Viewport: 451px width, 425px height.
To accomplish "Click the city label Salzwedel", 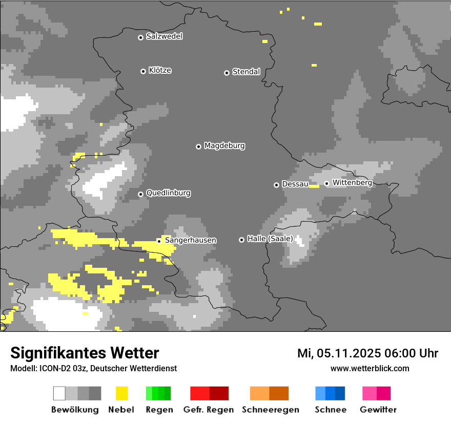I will pos(164,36).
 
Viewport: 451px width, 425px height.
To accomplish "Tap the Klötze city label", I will pos(160,70).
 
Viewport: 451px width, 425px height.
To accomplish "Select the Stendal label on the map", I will pos(246,72).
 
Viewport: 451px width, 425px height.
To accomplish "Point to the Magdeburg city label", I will pos(224,146).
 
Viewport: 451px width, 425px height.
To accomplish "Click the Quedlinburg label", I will pos(168,193).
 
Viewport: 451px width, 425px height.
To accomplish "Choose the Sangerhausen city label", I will pos(190,240).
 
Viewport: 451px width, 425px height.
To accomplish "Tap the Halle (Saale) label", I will pos(270,239).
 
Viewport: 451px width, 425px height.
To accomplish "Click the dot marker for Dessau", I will pos(276,185).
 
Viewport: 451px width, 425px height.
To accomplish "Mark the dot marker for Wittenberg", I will pos(326,183).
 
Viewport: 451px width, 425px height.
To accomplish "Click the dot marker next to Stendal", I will pos(227,73).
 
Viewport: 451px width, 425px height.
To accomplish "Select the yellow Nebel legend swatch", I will pos(121,393).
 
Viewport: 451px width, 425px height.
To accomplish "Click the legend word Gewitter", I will pos(378,410).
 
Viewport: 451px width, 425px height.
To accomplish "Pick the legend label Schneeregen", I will pos(270,410).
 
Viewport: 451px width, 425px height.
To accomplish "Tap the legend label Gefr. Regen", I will pos(208,410).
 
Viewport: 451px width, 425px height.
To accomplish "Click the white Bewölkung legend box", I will pos(59,393).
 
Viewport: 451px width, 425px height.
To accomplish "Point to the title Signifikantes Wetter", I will pos(85,353).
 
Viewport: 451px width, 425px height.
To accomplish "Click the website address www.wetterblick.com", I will pos(370,368).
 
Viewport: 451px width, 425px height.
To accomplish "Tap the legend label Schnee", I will pos(330,410).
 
